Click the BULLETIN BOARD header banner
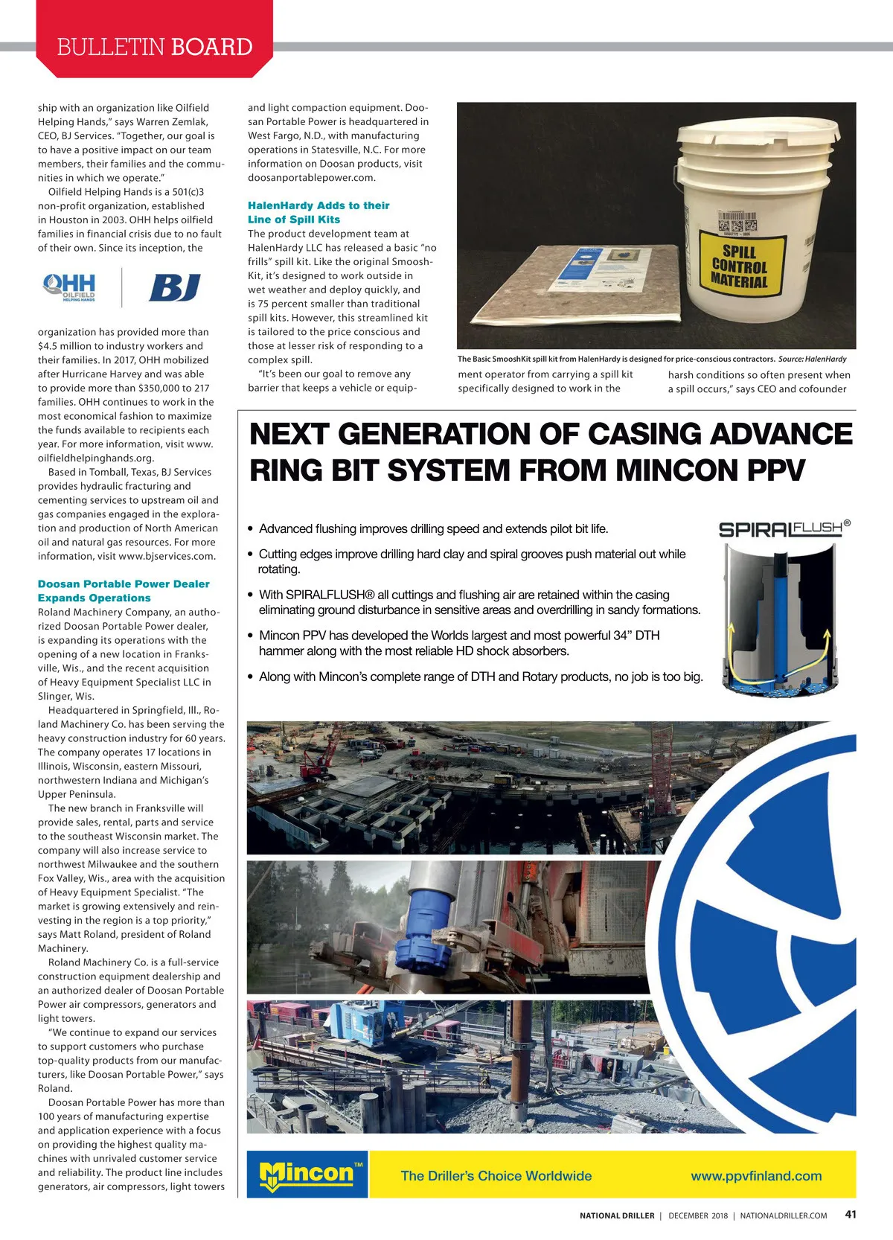[x=155, y=46]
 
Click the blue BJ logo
[x=175, y=287]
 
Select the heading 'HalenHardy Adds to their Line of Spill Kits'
[x=319, y=212]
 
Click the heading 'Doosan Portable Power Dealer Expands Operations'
[x=124, y=591]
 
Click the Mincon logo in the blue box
[x=307, y=1174]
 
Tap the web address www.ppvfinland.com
[x=756, y=1176]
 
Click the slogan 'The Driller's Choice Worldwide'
[x=496, y=1176]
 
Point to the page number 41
[x=851, y=1214]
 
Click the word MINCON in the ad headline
[x=689, y=470]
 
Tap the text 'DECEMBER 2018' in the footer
[x=698, y=1215]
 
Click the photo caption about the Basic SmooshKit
[x=652, y=359]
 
